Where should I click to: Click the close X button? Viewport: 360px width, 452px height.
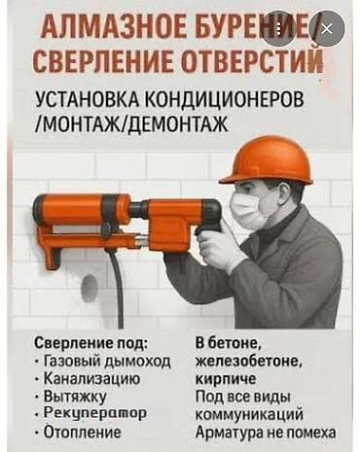327,30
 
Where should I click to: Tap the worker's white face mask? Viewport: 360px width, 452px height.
247,210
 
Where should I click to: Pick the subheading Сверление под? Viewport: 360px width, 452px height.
91,344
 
